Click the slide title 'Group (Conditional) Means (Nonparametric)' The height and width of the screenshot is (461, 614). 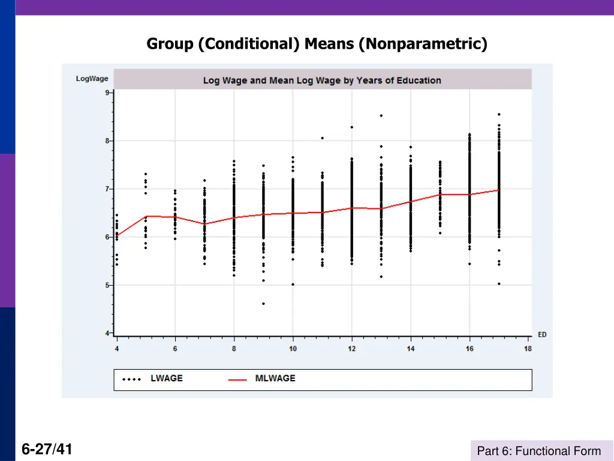point(317,44)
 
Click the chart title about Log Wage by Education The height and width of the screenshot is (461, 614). point(322,80)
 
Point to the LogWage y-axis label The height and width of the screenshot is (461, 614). point(92,79)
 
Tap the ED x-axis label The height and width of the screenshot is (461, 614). point(542,335)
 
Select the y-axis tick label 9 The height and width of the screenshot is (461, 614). point(107,92)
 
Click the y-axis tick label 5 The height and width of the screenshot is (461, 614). point(107,285)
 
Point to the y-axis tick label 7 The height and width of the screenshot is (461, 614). point(107,189)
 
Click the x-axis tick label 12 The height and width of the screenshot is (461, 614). point(351,349)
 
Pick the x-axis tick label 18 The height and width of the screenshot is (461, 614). point(528,349)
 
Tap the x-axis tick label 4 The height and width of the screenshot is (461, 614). point(116,349)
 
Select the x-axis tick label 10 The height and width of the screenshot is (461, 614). point(293,349)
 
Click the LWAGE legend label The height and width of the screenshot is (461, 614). point(166,378)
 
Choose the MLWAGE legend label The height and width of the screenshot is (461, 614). point(275,378)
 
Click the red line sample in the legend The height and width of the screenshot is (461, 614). point(238,379)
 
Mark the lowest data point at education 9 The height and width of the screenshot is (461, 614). point(263,304)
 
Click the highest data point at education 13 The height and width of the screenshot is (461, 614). point(381,116)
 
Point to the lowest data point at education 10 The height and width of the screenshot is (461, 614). point(293,285)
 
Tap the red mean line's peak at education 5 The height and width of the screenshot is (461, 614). point(146,216)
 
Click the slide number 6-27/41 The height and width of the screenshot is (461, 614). point(47,449)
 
